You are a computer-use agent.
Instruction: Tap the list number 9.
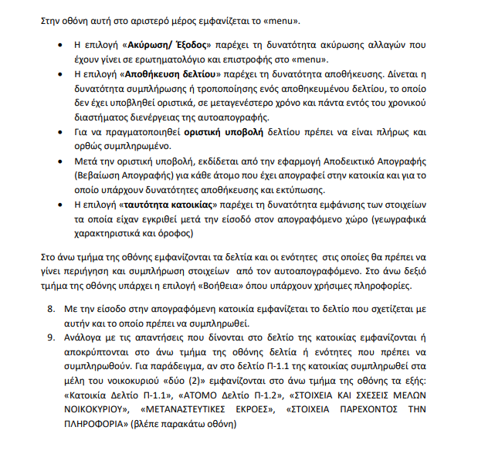(52, 337)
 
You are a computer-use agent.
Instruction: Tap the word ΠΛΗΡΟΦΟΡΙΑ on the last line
(99, 423)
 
